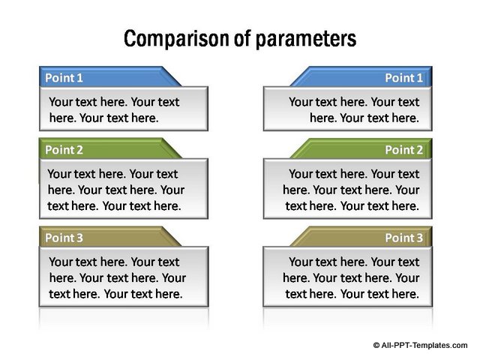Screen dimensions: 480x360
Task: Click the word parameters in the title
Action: point(306,39)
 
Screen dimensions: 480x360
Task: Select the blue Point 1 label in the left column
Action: point(64,78)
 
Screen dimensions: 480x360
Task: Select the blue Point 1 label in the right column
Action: point(403,78)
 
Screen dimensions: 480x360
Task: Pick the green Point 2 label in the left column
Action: point(64,150)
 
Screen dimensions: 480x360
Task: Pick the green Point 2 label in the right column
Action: point(403,150)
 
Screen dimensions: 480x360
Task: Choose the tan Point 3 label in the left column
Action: point(64,238)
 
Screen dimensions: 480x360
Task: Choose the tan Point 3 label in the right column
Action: point(403,238)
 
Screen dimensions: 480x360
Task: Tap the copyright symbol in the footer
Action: point(376,345)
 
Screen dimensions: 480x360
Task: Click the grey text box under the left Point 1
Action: point(124,109)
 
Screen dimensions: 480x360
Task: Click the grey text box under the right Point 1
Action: point(348,109)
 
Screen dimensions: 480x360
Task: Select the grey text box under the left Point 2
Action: point(124,188)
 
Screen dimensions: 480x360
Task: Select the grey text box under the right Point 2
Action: point(348,188)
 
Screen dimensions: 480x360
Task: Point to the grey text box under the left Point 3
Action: point(124,277)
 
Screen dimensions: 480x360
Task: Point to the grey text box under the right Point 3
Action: point(348,277)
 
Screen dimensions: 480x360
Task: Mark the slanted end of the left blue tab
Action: point(172,76)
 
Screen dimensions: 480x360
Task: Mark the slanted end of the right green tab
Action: point(301,148)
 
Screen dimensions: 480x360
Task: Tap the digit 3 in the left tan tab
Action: point(79,238)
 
